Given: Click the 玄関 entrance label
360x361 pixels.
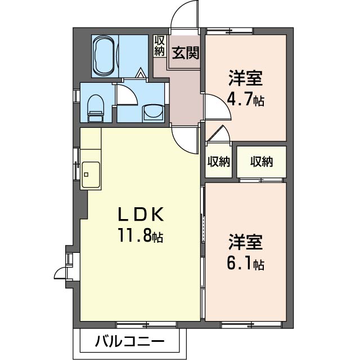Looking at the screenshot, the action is click(185, 53).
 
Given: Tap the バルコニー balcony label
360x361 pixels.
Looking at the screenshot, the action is click(129, 341).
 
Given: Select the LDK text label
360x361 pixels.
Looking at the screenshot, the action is click(141, 214).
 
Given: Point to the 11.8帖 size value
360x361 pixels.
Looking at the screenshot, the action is click(141, 235).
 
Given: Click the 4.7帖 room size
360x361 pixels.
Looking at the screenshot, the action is click(245, 100).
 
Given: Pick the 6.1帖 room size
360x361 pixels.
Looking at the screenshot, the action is click(245, 263).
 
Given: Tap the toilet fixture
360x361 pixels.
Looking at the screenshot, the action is click(96, 109).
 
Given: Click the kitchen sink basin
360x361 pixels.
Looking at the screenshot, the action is click(91, 175).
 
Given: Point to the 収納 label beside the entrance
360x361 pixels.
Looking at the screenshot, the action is click(160, 46).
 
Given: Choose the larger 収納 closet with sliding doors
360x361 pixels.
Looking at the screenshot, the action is click(262, 162).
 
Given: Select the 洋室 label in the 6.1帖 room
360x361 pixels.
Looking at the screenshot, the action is click(245, 242).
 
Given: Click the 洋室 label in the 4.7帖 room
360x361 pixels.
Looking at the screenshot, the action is click(245, 78).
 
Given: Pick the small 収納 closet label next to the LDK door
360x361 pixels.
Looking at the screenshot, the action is click(219, 162).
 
